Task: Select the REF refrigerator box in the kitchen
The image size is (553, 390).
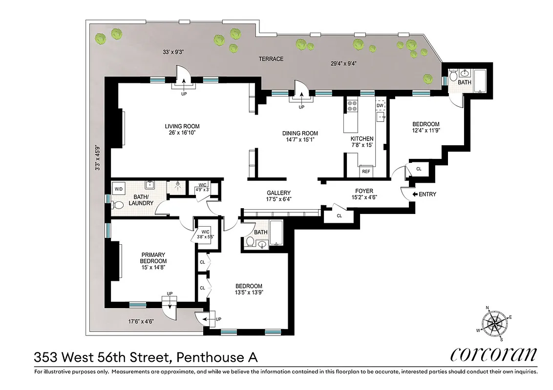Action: (x=365, y=172)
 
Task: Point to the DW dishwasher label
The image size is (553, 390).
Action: (x=380, y=105)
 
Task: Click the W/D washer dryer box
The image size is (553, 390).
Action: (x=119, y=189)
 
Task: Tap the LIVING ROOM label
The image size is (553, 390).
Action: (x=182, y=126)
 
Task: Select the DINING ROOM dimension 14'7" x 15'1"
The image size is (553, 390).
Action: (x=300, y=140)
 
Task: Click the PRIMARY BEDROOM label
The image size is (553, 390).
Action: (x=153, y=258)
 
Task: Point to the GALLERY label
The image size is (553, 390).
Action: (x=278, y=193)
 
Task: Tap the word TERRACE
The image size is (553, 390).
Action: (x=271, y=59)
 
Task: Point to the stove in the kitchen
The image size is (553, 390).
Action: (x=352, y=105)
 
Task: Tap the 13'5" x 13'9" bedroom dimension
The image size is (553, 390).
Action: (x=249, y=293)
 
